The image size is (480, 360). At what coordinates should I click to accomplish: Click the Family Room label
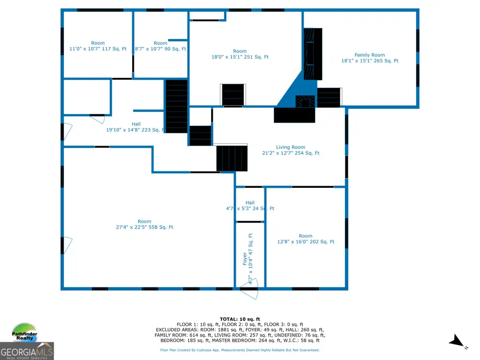[370, 58]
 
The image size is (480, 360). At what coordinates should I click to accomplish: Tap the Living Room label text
[290, 150]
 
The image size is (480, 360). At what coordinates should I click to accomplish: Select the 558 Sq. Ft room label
[144, 224]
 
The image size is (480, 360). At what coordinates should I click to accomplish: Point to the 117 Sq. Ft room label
[98, 46]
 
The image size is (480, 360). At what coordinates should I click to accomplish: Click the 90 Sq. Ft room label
[160, 46]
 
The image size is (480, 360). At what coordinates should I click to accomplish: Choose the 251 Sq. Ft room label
[240, 54]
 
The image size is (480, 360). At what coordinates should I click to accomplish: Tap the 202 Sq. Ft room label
[306, 238]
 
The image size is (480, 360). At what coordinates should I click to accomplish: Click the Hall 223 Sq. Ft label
[135, 126]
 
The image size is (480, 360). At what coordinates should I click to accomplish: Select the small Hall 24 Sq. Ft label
[250, 205]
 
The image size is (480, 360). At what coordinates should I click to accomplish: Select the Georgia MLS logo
[27, 351]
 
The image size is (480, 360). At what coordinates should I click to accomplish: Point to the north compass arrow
[456, 341]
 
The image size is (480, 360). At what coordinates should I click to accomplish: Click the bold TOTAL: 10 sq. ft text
[239, 318]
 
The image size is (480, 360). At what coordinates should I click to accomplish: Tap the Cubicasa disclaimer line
[240, 350]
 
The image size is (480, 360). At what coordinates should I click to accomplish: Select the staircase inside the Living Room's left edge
[231, 158]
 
